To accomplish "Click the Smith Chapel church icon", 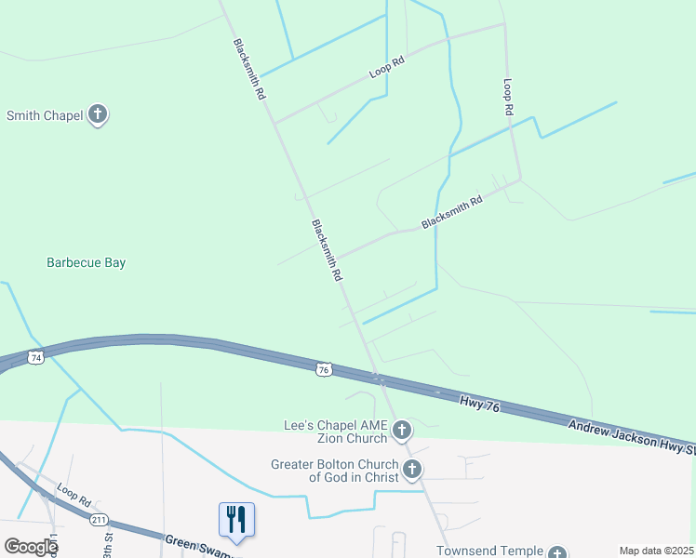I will point(98,115).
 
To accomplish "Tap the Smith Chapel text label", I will point(44,116).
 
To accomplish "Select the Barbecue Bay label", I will point(86,263).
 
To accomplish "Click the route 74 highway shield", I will point(35,357).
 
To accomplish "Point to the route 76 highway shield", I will point(323,369).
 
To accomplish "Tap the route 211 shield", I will point(99,519).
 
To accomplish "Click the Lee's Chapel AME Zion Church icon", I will point(402,430).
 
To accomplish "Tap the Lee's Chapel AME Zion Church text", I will point(334,432).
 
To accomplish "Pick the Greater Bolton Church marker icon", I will point(413,470).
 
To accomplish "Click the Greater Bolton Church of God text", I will point(335,471).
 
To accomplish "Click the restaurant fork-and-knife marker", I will point(235,520).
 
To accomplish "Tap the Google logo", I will point(30,547).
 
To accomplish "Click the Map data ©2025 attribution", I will point(656,551).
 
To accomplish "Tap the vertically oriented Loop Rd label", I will point(508,96).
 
